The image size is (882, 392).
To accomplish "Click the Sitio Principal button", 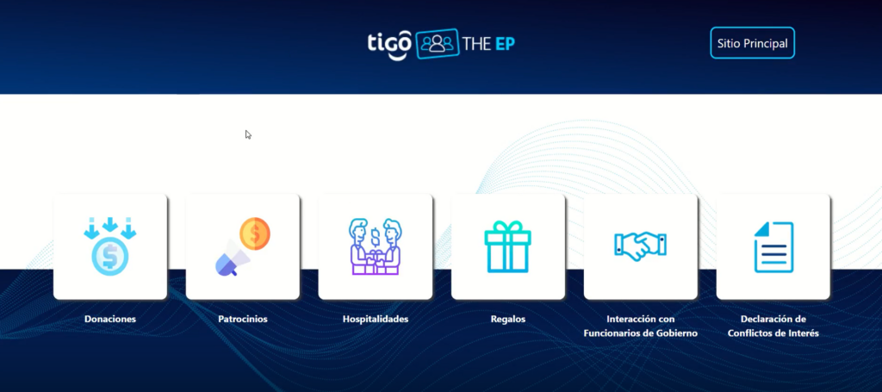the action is pos(752,43).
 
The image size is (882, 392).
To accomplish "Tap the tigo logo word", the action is pos(390,44).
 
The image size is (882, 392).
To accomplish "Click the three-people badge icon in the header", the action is pos(437,43).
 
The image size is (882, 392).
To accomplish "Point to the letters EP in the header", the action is pos(505,44).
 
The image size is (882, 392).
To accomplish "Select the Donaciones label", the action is pos(110,319).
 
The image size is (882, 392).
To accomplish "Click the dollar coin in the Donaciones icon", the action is pos(110,257).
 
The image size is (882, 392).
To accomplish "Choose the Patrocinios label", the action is pos(243,319).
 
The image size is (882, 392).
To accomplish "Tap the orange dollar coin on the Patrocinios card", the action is pos(255,233).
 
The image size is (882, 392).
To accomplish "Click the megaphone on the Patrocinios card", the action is pos(232,259).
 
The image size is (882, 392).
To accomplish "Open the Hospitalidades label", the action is pos(376,319).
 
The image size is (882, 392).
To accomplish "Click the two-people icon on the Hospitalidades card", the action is pos(376,246).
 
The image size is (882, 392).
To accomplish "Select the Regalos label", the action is pos(508,319).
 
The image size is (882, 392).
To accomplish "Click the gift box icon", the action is pos(508,247).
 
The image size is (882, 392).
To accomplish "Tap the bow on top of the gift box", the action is pos(508,226).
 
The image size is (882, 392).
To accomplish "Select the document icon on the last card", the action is pos(773,247).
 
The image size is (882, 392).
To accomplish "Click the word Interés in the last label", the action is pos(804,333).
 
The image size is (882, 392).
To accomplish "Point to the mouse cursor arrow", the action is pos(248,134).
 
